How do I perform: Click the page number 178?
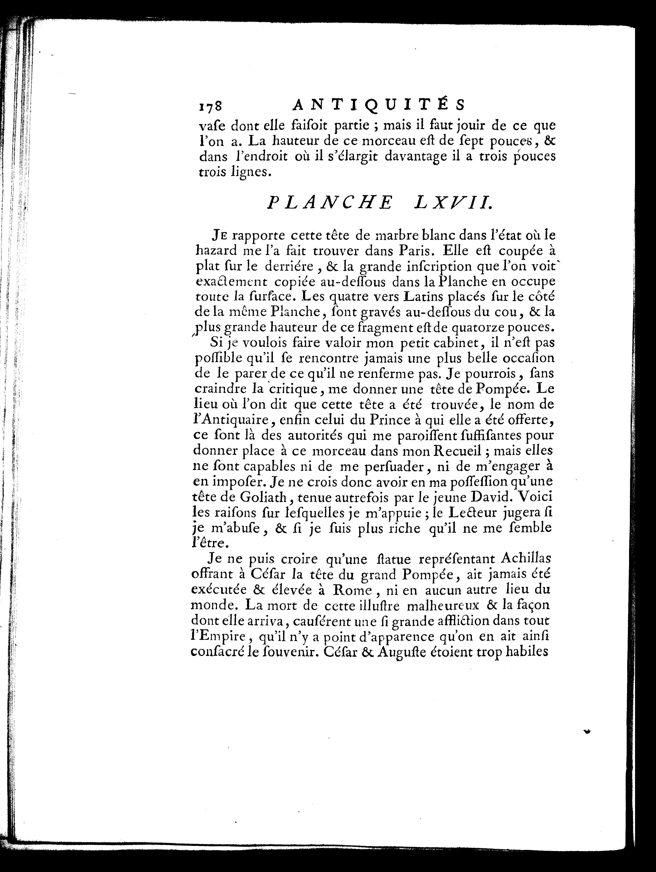point(211,106)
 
